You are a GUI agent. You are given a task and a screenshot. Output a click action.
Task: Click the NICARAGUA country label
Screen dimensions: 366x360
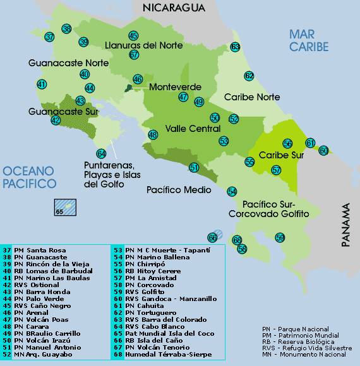tap(174, 8)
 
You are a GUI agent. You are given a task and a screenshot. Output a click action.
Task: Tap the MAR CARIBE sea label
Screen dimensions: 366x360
tap(309, 40)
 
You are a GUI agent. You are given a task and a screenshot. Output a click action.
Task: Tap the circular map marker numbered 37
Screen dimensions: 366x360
tap(50, 37)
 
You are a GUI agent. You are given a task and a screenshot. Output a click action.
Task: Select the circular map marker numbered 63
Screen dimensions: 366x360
tap(235, 47)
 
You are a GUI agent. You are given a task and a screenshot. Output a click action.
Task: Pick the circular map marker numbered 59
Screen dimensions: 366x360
tap(280, 237)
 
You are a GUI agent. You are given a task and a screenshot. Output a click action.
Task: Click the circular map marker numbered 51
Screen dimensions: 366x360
tap(194, 167)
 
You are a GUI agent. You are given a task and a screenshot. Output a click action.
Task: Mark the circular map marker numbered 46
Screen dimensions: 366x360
tap(138, 80)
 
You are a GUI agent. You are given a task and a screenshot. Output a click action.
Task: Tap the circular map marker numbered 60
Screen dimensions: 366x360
tap(323, 150)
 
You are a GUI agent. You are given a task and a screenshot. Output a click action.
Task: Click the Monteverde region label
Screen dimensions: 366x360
tap(175, 87)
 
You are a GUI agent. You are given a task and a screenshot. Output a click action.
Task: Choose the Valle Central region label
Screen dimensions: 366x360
tap(193, 129)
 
